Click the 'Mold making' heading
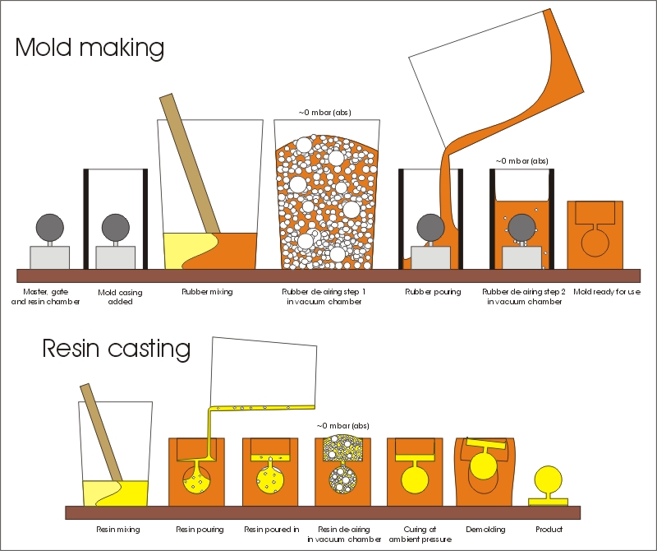click(x=90, y=48)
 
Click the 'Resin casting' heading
click(x=117, y=349)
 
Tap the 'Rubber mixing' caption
click(x=207, y=292)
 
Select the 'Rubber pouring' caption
click(x=433, y=292)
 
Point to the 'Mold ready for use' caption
click(x=607, y=292)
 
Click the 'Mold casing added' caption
click(x=120, y=297)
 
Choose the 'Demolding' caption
click(x=485, y=529)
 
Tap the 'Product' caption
click(x=549, y=529)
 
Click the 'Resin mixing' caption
click(x=118, y=529)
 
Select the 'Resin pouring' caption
click(x=200, y=529)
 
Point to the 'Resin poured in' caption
click(x=272, y=529)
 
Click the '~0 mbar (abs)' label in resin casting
click(x=343, y=425)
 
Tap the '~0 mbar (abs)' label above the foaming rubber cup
click(x=325, y=113)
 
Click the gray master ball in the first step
click(x=50, y=228)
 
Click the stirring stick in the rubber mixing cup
click(x=191, y=164)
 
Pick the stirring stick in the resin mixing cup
click(x=101, y=433)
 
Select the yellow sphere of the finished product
click(x=548, y=479)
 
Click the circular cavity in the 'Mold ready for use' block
click(x=595, y=243)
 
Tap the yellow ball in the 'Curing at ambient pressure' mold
click(x=415, y=479)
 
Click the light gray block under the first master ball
click(x=50, y=257)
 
